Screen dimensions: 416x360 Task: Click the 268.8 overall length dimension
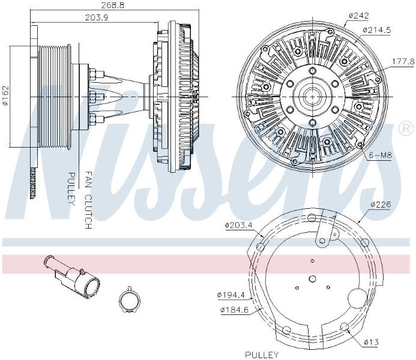pyautogui.click(x=113, y=5)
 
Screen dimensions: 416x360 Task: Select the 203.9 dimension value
pyautogui.click(x=96, y=17)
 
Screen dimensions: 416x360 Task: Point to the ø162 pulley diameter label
pyautogui.click(x=5, y=95)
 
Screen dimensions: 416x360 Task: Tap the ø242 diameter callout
pyautogui.click(x=359, y=16)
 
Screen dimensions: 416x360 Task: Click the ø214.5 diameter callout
pyautogui.click(x=377, y=30)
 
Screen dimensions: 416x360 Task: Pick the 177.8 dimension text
pyautogui.click(x=403, y=62)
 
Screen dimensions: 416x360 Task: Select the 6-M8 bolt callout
pyautogui.click(x=381, y=155)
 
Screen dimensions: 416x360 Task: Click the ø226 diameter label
pyautogui.click(x=381, y=205)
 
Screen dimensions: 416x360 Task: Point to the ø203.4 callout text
pyautogui.click(x=238, y=226)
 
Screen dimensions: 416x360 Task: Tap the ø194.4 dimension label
pyautogui.click(x=231, y=295)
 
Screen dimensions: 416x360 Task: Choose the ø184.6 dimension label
pyautogui.click(x=235, y=310)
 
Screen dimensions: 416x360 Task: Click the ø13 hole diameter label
pyautogui.click(x=371, y=342)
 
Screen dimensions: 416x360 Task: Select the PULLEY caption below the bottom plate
pyautogui.click(x=262, y=355)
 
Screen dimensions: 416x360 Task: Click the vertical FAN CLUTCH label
pyautogui.click(x=88, y=200)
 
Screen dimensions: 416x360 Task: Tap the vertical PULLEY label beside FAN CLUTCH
pyautogui.click(x=71, y=189)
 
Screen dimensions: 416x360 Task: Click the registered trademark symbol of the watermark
pyautogui.click(x=406, y=128)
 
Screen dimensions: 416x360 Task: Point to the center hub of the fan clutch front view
pyautogui.click(x=312, y=97)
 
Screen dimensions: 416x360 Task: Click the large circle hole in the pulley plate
pyautogui.click(x=357, y=298)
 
